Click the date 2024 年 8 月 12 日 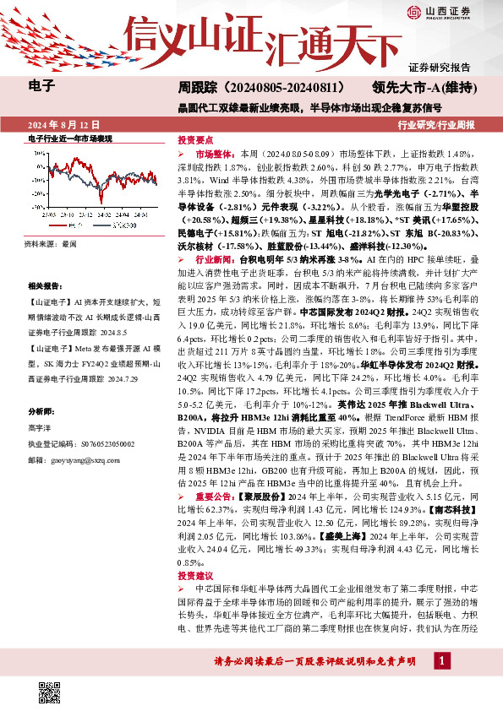click(63, 125)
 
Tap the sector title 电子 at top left click(41, 85)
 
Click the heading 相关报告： click(46, 287)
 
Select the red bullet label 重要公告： click(217, 497)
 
